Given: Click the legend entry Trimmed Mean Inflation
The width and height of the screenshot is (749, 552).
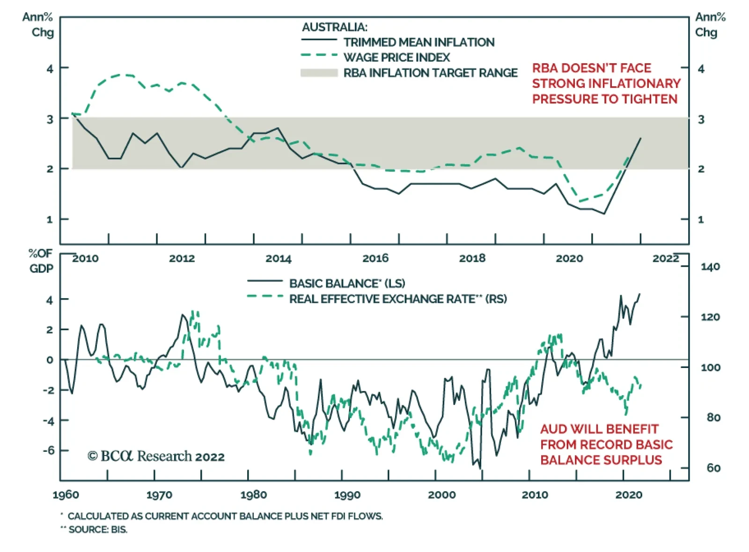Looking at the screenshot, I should click(419, 42).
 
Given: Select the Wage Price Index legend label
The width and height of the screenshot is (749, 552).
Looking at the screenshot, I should click(396, 58).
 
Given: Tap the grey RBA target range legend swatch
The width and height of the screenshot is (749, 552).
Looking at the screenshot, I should click(319, 73).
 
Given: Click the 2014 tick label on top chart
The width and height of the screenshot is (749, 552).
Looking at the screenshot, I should click(279, 258).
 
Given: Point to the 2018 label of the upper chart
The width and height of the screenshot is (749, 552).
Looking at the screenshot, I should click(472, 258).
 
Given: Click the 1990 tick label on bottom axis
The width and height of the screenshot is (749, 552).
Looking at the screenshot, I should click(347, 495).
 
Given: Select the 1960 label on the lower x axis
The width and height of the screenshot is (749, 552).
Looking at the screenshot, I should click(66, 495).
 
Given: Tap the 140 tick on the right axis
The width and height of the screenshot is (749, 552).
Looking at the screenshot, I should click(710, 267).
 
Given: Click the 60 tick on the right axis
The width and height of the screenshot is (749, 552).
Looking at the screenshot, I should click(713, 468).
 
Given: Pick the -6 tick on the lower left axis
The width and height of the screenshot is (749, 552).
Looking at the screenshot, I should click(49, 450).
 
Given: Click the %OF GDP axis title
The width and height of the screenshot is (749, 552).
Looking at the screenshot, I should click(41, 261).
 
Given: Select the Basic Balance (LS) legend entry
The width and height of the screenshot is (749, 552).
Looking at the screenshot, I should click(347, 283).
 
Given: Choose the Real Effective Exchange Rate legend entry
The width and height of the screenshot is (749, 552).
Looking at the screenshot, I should click(397, 299).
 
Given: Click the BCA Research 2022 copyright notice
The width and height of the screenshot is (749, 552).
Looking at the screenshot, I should click(156, 456).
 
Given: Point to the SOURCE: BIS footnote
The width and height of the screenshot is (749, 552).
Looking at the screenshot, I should click(97, 530).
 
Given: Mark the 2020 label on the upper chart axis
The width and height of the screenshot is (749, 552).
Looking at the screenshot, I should click(569, 258).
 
